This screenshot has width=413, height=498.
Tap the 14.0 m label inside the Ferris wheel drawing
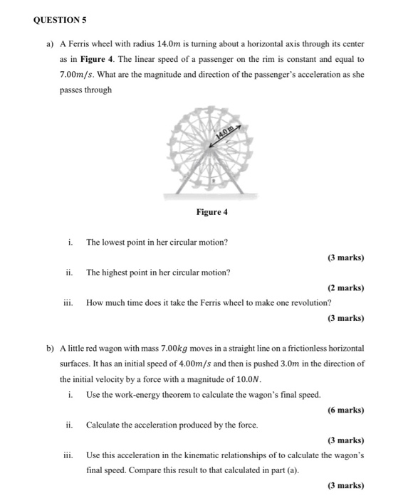(x=224, y=132)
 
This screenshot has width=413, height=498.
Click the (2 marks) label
(x=345, y=288)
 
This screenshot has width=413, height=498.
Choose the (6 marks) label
(x=345, y=410)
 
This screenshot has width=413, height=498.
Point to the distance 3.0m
(x=281, y=364)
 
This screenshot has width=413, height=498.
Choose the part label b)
(x=50, y=349)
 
